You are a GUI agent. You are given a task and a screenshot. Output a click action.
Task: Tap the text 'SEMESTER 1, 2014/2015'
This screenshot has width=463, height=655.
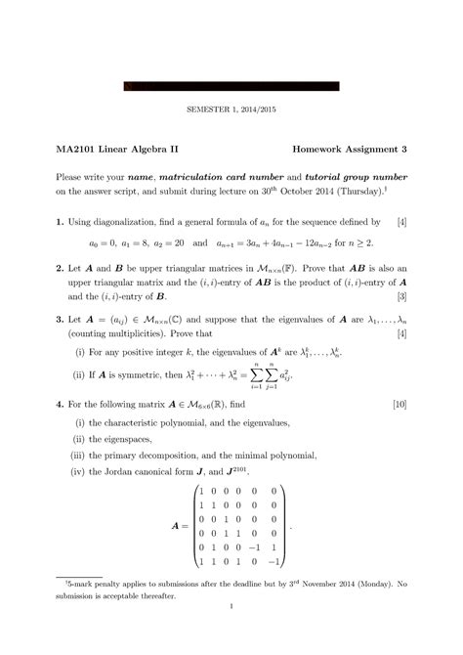point(231,110)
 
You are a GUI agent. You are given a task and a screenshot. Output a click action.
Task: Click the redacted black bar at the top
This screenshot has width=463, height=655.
point(231,85)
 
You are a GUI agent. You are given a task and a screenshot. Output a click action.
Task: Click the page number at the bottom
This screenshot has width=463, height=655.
point(231,633)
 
